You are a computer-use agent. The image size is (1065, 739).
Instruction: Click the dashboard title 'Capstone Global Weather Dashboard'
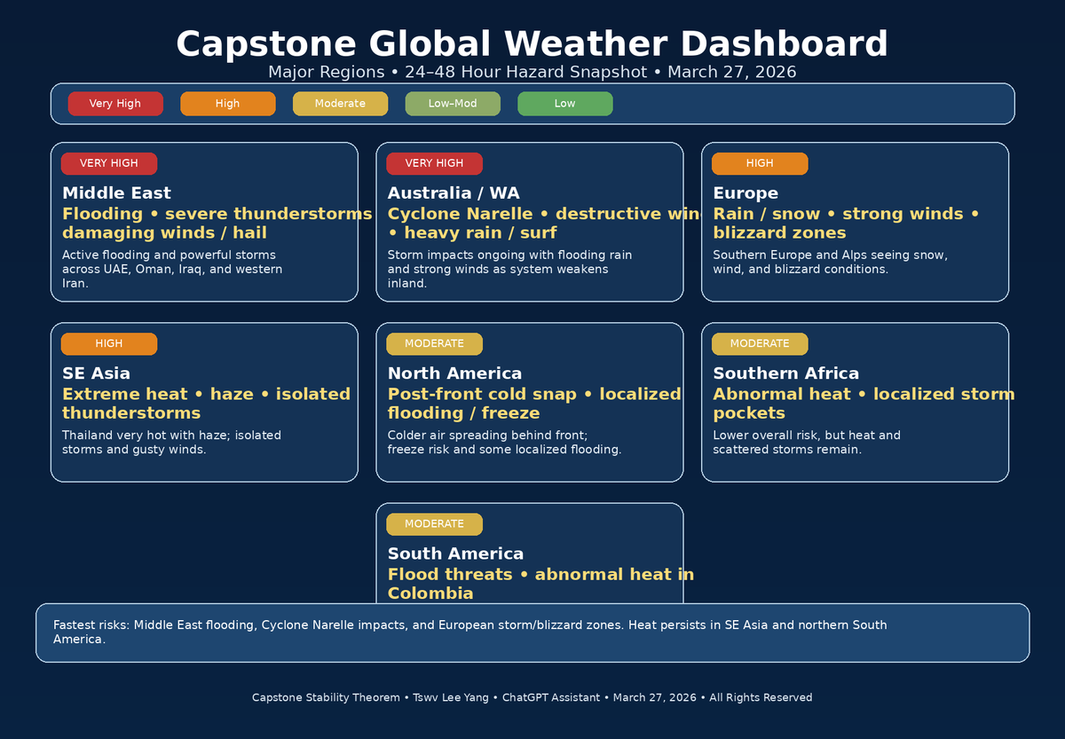pyautogui.click(x=532, y=44)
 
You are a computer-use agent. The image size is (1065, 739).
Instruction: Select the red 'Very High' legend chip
pyautogui.click(x=115, y=104)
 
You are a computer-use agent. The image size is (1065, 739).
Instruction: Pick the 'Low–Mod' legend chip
pyautogui.click(x=453, y=104)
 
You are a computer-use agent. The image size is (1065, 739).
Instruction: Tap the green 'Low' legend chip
pyautogui.click(x=564, y=104)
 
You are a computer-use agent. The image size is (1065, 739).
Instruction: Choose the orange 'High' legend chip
pyautogui.click(x=227, y=104)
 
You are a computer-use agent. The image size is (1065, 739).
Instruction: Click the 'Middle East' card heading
pyautogui.click(x=116, y=193)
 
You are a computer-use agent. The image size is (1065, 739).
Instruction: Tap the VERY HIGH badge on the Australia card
pyautogui.click(x=434, y=163)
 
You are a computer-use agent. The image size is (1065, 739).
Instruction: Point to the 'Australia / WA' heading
pyautogui.click(x=454, y=193)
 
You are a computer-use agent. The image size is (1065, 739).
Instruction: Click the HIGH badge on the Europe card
pyautogui.click(x=760, y=163)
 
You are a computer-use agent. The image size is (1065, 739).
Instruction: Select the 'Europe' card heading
pyautogui.click(x=745, y=193)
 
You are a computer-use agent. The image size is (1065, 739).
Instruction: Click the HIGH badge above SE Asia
pyautogui.click(x=109, y=343)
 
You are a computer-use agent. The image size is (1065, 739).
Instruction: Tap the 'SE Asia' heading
pyautogui.click(x=96, y=373)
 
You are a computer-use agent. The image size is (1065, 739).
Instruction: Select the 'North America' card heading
pyautogui.click(x=454, y=373)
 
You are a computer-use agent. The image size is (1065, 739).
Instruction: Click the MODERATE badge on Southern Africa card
pyautogui.click(x=760, y=343)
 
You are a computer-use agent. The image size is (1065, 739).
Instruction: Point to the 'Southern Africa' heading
pyautogui.click(x=785, y=373)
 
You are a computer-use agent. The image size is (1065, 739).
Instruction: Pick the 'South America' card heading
pyautogui.click(x=455, y=554)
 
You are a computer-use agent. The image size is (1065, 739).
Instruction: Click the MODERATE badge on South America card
pyautogui.click(x=434, y=523)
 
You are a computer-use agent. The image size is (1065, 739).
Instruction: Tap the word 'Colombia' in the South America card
pyautogui.click(x=430, y=594)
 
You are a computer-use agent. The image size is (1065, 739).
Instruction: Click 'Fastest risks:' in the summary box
pyautogui.click(x=91, y=625)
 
